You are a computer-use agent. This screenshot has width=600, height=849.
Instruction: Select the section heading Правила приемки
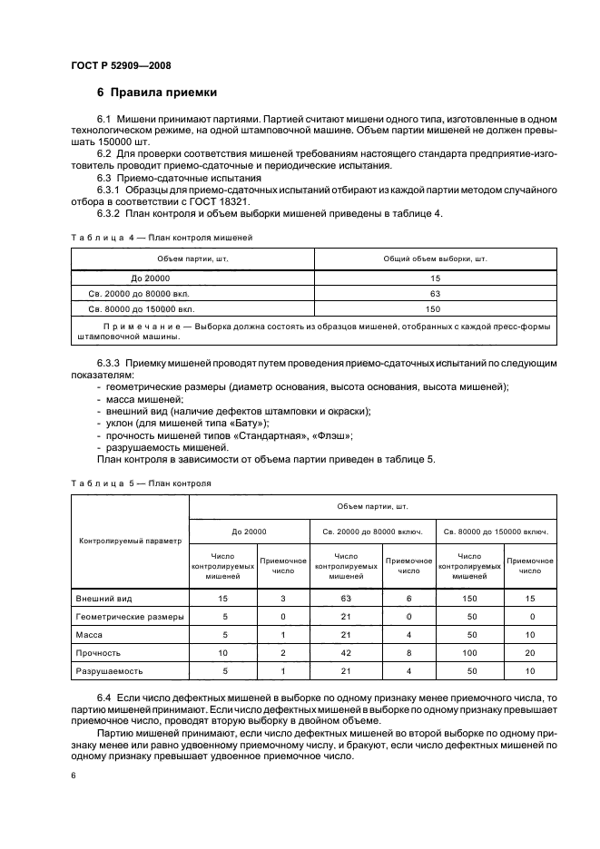(x=163, y=93)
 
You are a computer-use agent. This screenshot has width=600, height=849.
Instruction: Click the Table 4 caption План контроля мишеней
(x=192, y=236)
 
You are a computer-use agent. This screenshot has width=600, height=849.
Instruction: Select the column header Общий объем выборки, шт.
(x=436, y=259)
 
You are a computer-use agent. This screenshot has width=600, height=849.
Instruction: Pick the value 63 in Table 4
(x=436, y=293)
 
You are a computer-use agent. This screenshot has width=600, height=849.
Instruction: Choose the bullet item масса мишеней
(x=144, y=399)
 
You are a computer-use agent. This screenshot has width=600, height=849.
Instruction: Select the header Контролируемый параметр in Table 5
(x=129, y=539)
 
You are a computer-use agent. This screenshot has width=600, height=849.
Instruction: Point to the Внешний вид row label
(x=103, y=599)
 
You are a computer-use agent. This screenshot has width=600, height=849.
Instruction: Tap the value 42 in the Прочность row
(x=345, y=653)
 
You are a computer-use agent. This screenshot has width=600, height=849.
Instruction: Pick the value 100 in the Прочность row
(x=469, y=653)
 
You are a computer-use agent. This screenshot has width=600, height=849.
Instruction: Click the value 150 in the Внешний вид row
(x=469, y=599)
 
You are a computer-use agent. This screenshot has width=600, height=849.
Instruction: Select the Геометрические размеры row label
(x=129, y=617)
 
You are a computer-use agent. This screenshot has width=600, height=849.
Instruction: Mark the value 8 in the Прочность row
(x=409, y=653)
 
